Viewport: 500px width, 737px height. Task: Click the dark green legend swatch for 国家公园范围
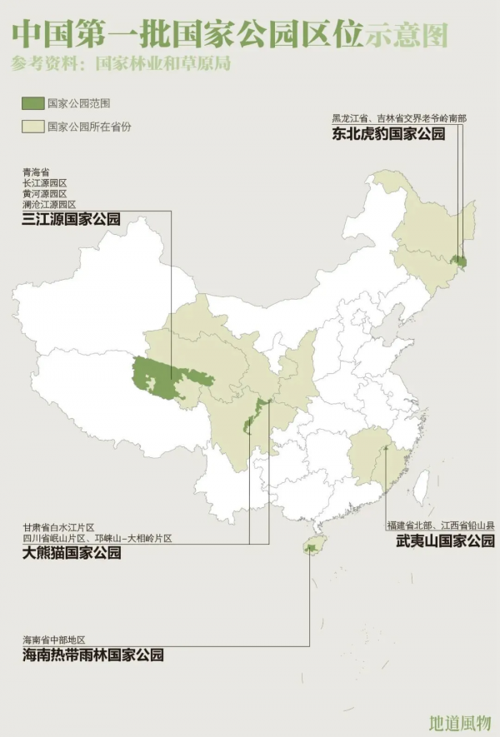click(x=32, y=103)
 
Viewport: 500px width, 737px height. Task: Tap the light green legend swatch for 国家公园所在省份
click(x=32, y=127)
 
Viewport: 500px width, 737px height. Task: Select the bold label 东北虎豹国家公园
click(x=388, y=134)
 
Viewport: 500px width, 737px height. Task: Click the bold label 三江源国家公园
click(x=72, y=220)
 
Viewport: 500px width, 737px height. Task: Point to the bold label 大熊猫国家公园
click(x=72, y=551)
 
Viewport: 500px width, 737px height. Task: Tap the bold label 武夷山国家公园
click(x=440, y=541)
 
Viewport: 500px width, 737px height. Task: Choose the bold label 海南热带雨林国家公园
click(x=92, y=655)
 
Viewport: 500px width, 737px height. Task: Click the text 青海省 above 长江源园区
click(x=36, y=172)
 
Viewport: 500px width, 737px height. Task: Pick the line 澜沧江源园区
click(x=49, y=204)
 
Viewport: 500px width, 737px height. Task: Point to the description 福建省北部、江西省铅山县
click(x=440, y=525)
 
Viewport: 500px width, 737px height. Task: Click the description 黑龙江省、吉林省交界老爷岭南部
click(x=399, y=117)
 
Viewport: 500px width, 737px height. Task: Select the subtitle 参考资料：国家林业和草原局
click(x=121, y=62)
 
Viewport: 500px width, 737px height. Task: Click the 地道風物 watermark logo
click(x=458, y=721)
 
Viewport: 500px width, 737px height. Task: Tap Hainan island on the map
click(x=312, y=547)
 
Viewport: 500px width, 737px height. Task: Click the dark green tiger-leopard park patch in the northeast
click(x=458, y=262)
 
